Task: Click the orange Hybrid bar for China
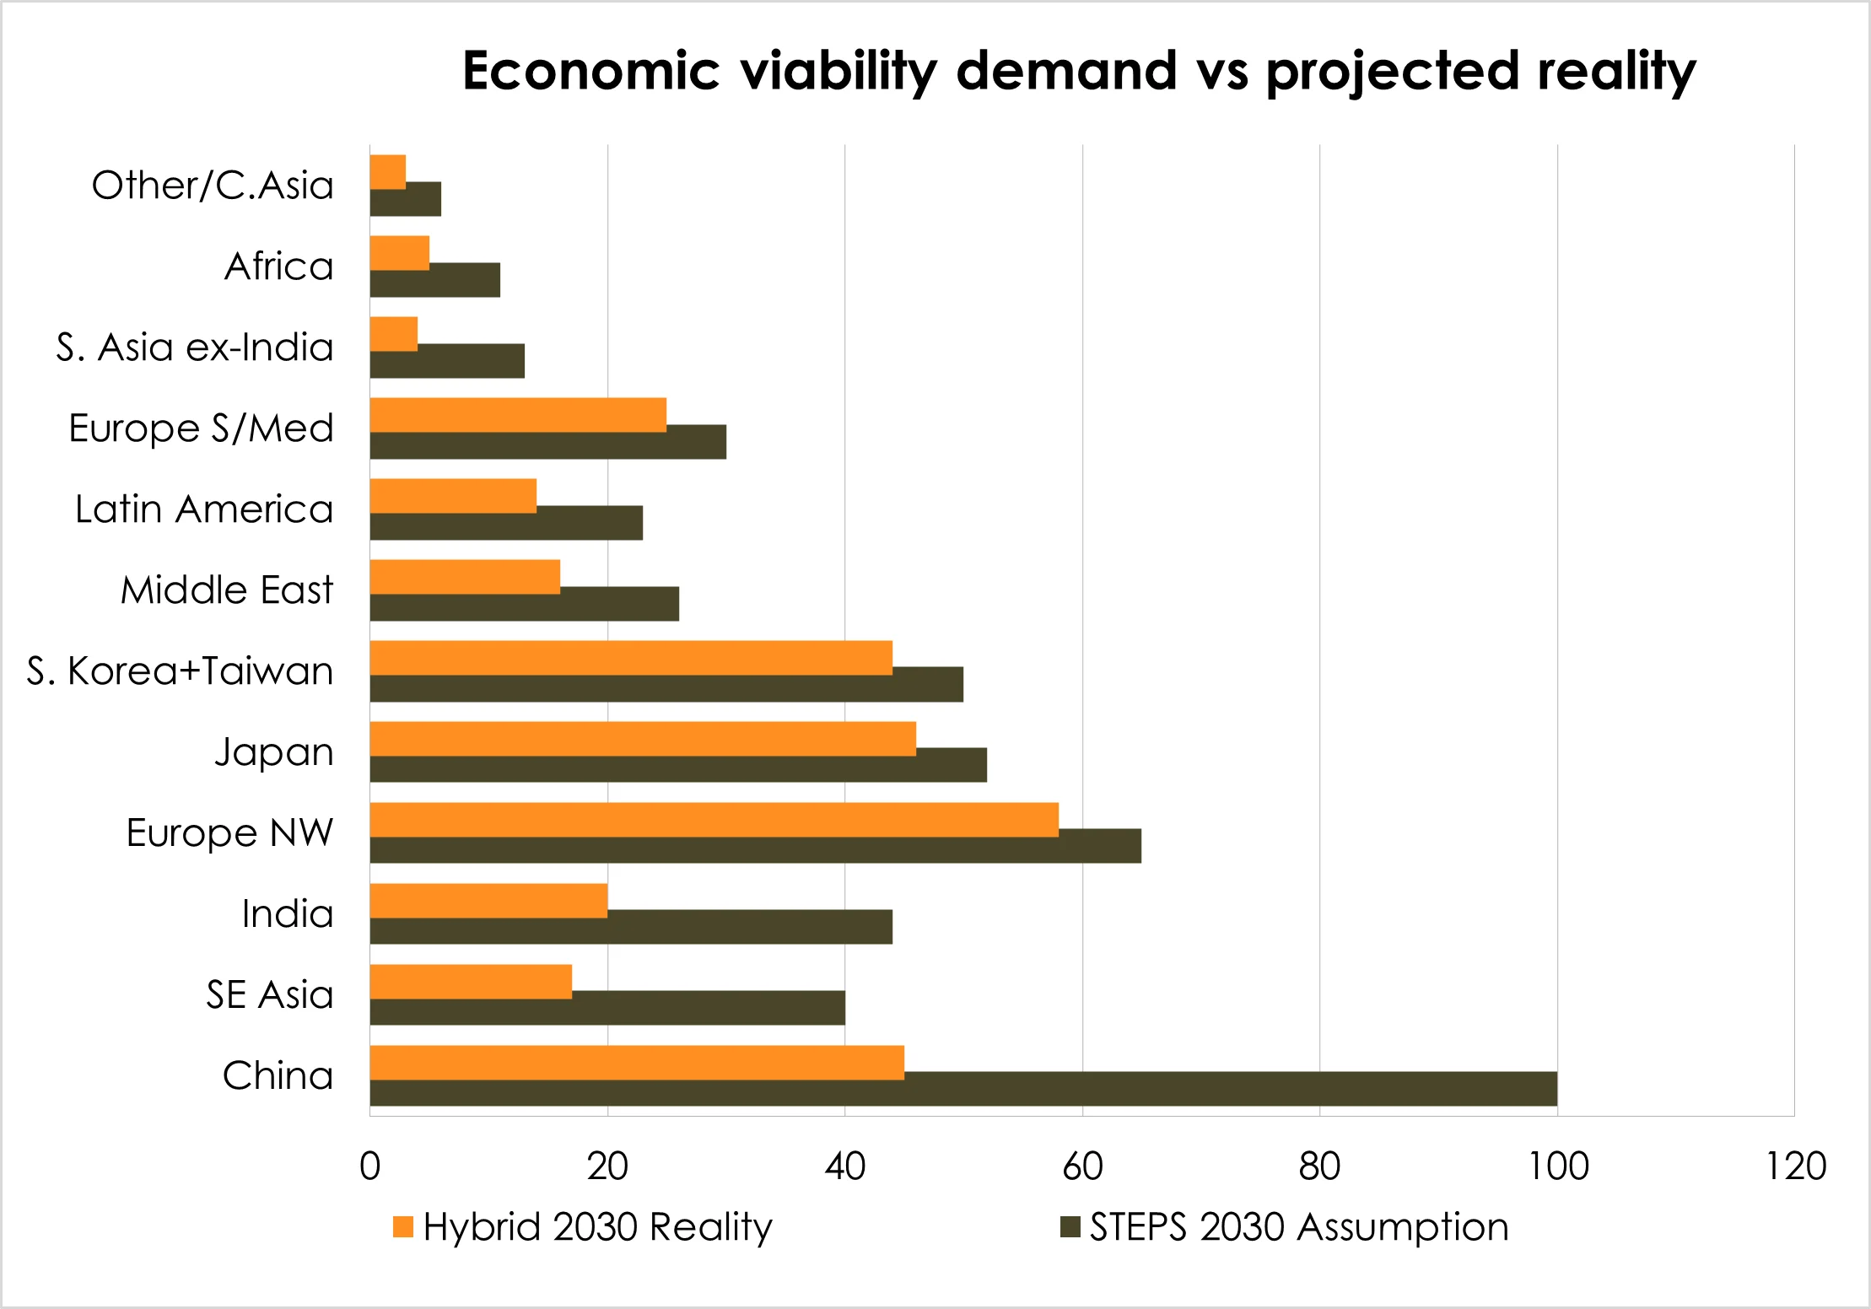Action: click(x=637, y=1062)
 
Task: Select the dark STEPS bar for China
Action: click(x=963, y=1090)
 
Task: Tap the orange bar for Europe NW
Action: click(x=714, y=819)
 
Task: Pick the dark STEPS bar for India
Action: click(x=631, y=928)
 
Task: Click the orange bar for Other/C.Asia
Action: click(x=388, y=171)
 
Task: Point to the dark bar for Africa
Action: click(x=435, y=281)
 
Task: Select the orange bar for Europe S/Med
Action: click(x=518, y=414)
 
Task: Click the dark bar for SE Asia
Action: click(x=607, y=1009)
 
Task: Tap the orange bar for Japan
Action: click(x=643, y=738)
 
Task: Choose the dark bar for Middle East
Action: click(x=525, y=605)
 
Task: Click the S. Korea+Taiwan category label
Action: click(x=180, y=671)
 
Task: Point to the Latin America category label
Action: click(x=203, y=509)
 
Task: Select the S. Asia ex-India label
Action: click(x=194, y=347)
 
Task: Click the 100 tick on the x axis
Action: click(x=1558, y=1166)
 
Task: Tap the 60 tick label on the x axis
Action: click(x=1082, y=1166)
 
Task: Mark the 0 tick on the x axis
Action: click(x=369, y=1166)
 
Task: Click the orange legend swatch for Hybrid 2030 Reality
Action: click(x=403, y=1227)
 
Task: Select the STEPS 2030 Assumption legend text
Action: click(x=1298, y=1227)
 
